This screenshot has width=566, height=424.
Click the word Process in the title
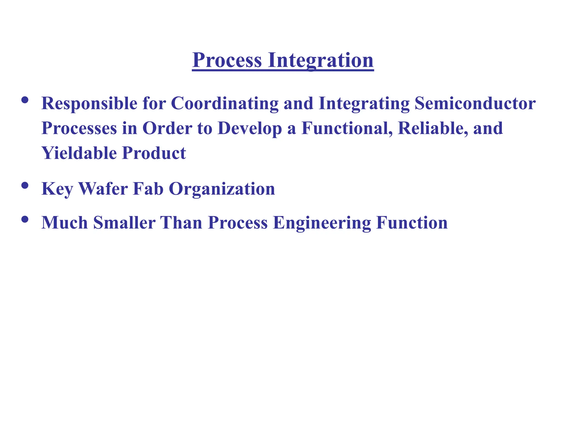(x=227, y=60)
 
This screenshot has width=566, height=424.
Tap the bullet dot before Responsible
(x=25, y=100)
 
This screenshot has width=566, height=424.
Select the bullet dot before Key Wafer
(x=25, y=185)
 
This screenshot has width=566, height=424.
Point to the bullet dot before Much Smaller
(x=25, y=219)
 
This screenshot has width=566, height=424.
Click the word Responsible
(x=89, y=104)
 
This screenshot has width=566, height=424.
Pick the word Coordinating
(x=224, y=104)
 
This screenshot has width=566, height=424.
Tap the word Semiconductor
(x=475, y=104)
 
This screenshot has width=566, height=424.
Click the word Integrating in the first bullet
(x=364, y=104)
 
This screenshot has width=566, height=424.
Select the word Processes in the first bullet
(x=79, y=129)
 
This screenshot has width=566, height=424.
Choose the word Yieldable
(x=79, y=153)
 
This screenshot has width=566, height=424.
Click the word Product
(x=154, y=153)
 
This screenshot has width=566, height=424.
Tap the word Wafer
(x=103, y=189)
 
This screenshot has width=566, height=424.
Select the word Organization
(x=222, y=189)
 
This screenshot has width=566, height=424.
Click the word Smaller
(x=124, y=223)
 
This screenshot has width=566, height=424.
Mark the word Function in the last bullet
(x=412, y=223)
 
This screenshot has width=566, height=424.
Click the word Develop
(x=250, y=129)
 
